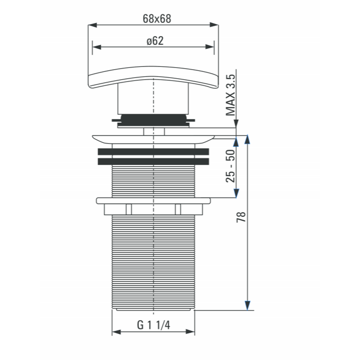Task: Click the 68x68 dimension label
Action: point(157,19)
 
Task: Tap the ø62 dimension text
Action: point(155,41)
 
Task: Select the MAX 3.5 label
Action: point(230,95)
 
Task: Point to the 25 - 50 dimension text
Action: point(230,166)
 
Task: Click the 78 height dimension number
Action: point(241,217)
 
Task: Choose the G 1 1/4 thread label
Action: point(154,325)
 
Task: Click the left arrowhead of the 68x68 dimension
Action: point(92,25)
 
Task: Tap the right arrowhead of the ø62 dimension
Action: point(210,47)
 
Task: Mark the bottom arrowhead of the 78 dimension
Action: point(247,306)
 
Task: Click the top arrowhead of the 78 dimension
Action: point(247,139)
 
